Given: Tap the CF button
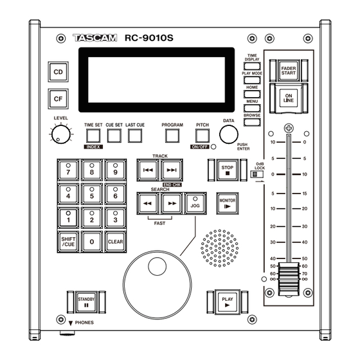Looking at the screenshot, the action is tap(58, 99).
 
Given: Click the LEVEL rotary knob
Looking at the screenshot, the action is tap(61, 134).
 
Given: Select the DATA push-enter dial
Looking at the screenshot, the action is tap(229, 134).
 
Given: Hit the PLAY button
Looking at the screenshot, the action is tap(228, 302).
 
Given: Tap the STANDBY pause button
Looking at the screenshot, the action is tap(86, 302).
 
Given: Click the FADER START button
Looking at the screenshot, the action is tap(289, 71).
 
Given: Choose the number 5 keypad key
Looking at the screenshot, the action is tap(92, 194).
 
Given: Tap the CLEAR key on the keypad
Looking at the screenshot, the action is tap(116, 242).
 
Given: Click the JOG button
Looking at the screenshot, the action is tap(195, 203).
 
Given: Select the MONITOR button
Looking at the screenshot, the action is tap(228, 203).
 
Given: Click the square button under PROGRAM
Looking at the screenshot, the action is tap(172, 136).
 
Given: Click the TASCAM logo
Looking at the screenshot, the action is tap(95, 38).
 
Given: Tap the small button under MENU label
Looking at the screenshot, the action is tap(252, 108).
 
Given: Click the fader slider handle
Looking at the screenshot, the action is tap(289, 279).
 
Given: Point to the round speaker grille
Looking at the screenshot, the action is tap(219, 248).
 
